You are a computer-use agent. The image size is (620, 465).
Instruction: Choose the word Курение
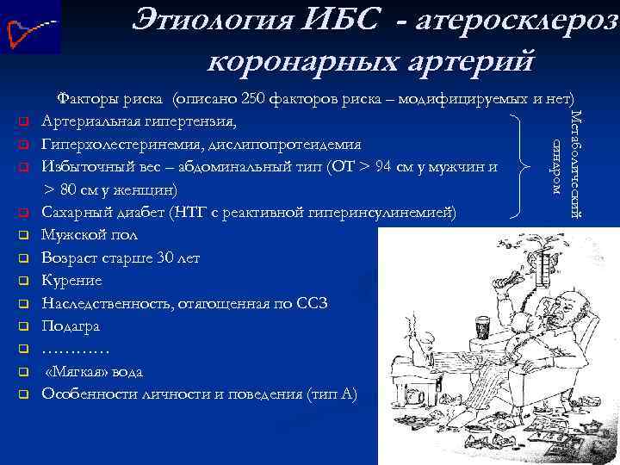(x=71, y=281)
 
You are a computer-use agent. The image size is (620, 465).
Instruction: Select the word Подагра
(x=71, y=326)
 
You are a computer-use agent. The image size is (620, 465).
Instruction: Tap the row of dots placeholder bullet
(x=75, y=350)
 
